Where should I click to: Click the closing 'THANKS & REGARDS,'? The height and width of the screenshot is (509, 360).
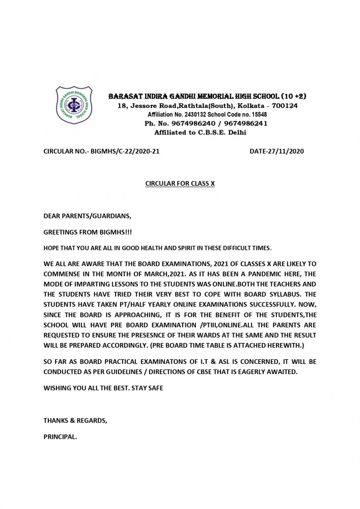pos(75,421)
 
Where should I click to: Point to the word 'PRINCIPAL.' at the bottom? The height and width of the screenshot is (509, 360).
pos(60,437)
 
